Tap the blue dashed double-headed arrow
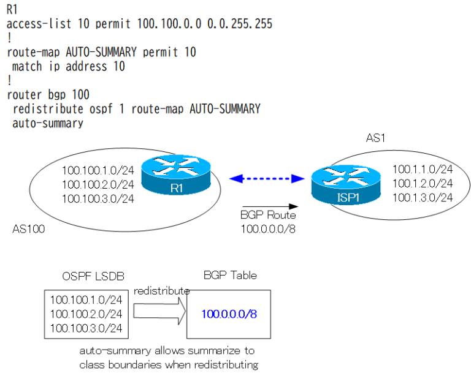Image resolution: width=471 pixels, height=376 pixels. [x=267, y=178]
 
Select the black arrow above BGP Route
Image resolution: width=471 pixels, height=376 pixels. [x=269, y=206]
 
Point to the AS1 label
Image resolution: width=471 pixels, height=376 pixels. [x=376, y=139]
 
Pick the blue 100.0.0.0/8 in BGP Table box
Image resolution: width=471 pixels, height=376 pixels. [x=229, y=314]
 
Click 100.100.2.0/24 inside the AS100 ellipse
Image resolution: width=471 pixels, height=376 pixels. [x=98, y=184]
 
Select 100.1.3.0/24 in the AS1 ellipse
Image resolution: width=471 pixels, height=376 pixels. [x=422, y=197]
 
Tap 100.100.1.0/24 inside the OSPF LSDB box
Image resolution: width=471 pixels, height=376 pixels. [x=86, y=299]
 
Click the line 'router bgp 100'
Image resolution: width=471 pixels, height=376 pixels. [x=48, y=95]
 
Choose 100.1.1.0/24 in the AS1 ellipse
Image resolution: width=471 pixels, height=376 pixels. [x=422, y=169]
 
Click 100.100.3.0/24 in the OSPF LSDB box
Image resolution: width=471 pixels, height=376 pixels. [x=86, y=328]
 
